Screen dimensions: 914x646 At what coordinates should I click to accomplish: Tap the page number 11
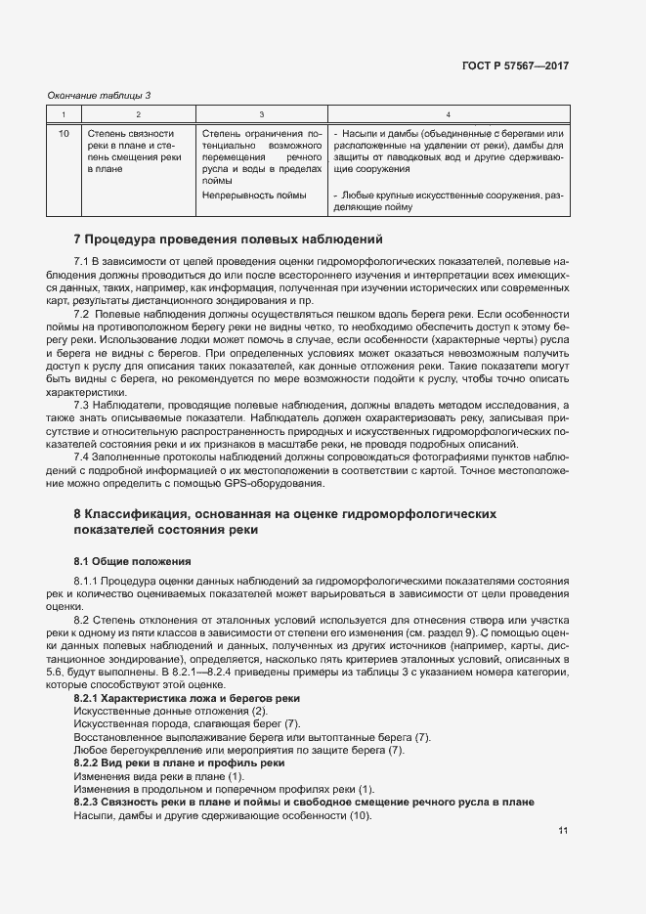tap(564, 831)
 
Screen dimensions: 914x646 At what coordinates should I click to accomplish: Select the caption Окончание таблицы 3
tap(100, 95)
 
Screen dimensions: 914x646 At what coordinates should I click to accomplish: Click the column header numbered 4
tap(448, 114)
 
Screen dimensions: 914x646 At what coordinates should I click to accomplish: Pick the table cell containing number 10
tap(64, 133)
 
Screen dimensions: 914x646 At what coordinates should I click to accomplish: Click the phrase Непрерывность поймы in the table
tap(254, 196)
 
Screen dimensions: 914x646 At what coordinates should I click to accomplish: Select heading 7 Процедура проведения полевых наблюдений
tap(230, 239)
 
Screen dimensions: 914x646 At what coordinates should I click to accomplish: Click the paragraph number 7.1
tap(82, 262)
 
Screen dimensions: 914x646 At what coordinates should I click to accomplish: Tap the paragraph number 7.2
tap(82, 313)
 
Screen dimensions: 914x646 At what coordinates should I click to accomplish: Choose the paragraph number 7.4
tap(82, 457)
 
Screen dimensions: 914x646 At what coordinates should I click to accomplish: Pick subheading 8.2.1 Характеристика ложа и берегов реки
tap(187, 698)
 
